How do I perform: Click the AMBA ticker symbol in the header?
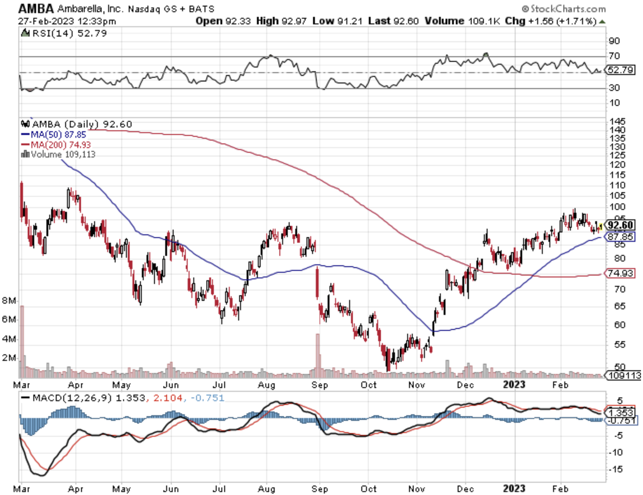(x=36, y=8)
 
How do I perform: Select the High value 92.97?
(x=294, y=21)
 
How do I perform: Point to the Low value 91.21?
(x=350, y=21)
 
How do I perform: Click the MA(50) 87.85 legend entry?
(x=54, y=135)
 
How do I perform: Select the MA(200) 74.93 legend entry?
(x=56, y=145)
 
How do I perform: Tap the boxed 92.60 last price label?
(x=620, y=225)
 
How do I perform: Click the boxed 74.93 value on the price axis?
(x=620, y=273)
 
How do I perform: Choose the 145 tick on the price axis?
(x=617, y=121)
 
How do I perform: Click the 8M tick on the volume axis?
(x=9, y=300)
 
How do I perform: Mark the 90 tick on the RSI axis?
(x=614, y=41)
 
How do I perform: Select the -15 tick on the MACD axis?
(x=616, y=469)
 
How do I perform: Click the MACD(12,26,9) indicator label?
(x=68, y=398)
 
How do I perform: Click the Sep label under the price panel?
(x=320, y=385)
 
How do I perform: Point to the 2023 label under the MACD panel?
(x=514, y=489)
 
